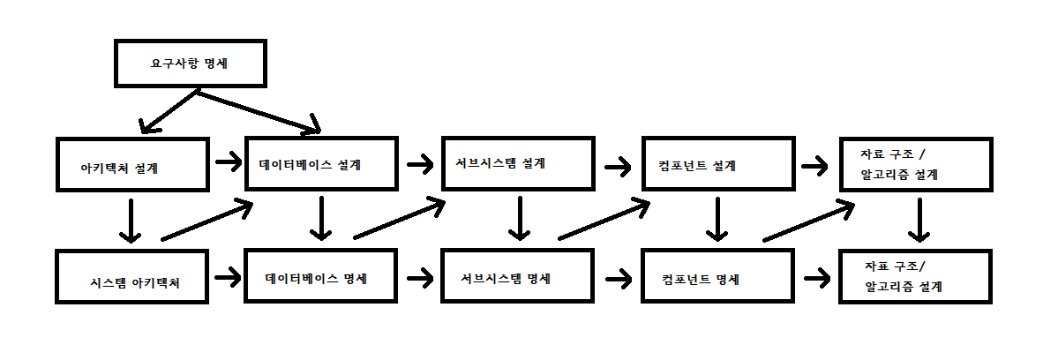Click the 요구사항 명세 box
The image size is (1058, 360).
pyautogui.click(x=190, y=64)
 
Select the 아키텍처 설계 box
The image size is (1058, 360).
pyautogui.click(x=132, y=164)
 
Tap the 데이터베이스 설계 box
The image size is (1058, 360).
pyautogui.click(x=321, y=163)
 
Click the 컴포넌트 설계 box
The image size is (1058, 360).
pyautogui.click(x=717, y=164)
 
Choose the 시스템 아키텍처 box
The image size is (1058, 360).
pyautogui.click(x=132, y=277)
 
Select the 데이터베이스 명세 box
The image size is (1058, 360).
pyautogui.click(x=321, y=276)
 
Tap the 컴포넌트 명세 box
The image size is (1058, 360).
pyautogui.click(x=717, y=278)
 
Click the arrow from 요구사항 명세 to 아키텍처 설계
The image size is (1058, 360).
pyautogui.click(x=168, y=110)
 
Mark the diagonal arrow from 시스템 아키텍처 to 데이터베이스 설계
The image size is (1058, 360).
pyautogui.click(x=208, y=221)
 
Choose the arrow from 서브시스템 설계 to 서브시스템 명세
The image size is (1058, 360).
pyautogui.click(x=520, y=219)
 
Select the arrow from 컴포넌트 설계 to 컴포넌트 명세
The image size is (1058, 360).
pyautogui.click(x=718, y=219)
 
